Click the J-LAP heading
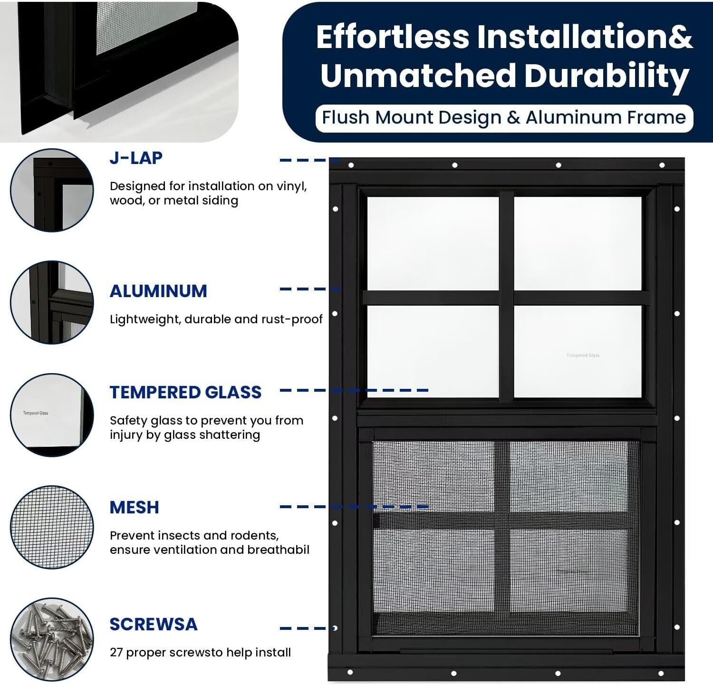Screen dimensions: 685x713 136,158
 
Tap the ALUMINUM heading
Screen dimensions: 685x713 158,291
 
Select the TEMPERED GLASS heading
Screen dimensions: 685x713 185,392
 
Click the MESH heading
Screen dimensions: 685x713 134,507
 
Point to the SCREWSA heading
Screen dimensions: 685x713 153,624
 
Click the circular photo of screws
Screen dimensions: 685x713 52,639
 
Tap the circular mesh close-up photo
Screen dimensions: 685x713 52,527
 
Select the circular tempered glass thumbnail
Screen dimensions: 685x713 52,415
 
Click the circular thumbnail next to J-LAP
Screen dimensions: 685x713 52,190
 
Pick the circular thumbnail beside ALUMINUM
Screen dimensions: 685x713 52,302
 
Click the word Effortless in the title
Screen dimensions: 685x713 393,37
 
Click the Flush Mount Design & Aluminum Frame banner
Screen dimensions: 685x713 504,117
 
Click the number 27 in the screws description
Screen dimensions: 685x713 116,652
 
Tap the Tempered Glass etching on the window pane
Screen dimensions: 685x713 583,355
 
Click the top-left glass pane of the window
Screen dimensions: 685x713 433,243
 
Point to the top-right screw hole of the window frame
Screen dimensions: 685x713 662,165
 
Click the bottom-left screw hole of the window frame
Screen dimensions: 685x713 350,672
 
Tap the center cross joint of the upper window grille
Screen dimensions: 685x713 507,298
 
